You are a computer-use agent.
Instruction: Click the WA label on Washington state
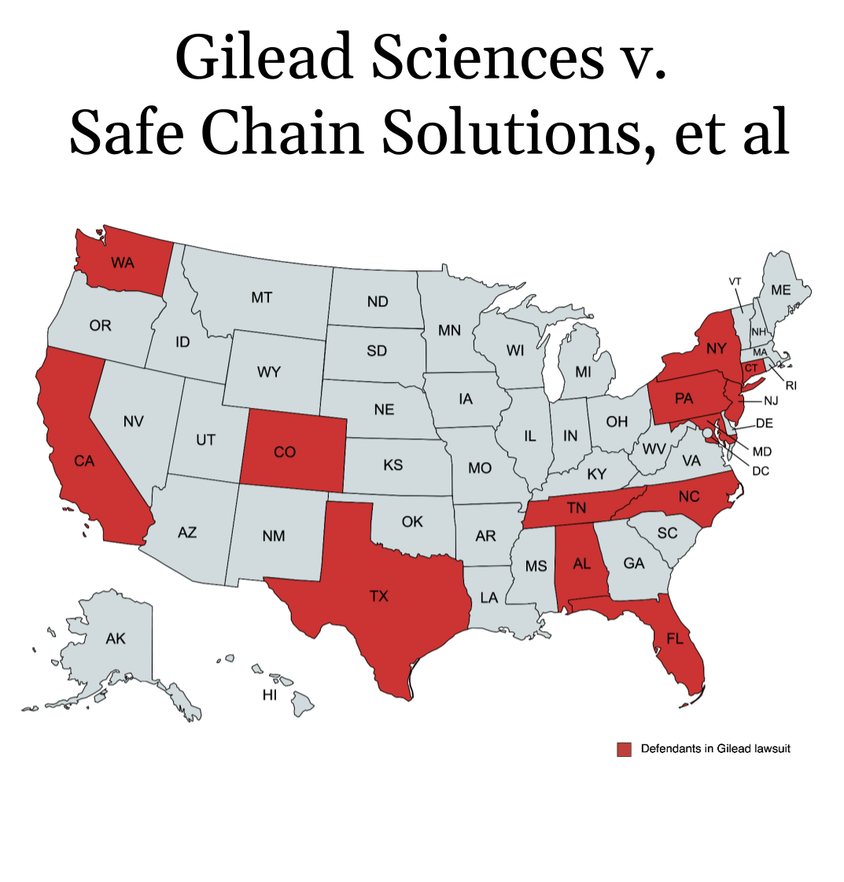[x=123, y=263]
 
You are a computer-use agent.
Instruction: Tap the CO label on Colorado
[x=285, y=452]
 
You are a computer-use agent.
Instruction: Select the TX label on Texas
[x=379, y=596]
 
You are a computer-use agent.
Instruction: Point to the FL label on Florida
[x=675, y=638]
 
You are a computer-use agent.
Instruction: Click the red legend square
[x=624, y=749]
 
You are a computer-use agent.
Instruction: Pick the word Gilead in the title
[x=264, y=57]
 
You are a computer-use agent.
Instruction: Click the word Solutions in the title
[x=513, y=133]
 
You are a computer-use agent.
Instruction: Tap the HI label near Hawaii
[x=270, y=695]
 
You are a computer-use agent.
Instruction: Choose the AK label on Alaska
[x=116, y=638]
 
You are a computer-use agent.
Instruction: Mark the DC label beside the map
[x=761, y=471]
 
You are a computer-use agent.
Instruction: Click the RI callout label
[x=791, y=385]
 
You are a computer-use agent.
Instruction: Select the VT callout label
[x=735, y=281]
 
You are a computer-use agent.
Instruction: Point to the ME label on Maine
[x=781, y=290]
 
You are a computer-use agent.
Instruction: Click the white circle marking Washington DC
[x=707, y=433]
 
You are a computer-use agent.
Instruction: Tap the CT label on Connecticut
[x=751, y=369]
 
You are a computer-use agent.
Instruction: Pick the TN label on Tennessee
[x=577, y=508]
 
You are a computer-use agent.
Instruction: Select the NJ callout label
[x=771, y=400]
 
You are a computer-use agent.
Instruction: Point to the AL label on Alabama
[x=582, y=563]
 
